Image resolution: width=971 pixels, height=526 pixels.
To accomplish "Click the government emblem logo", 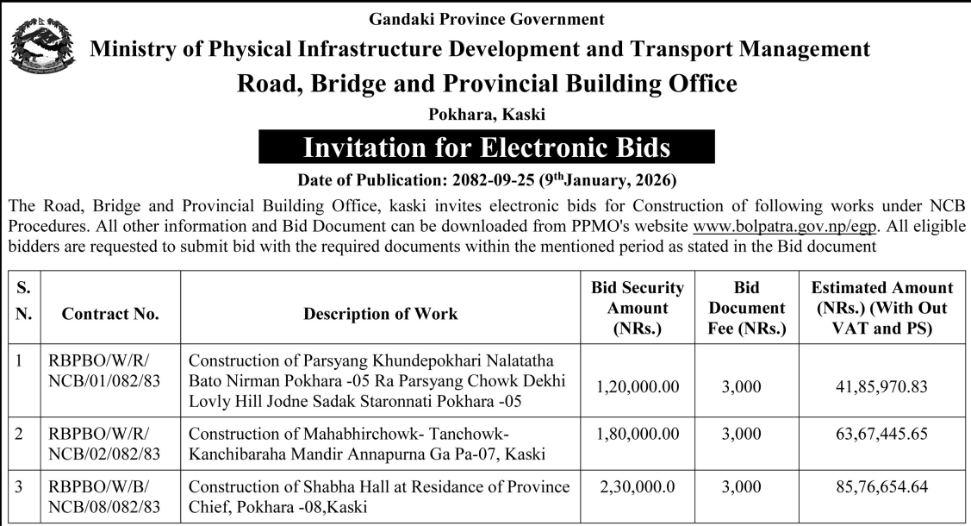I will point(36,47).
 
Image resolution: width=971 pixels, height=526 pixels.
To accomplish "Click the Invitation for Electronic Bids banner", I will point(487,147).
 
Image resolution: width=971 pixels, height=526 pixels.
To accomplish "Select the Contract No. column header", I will point(110,315).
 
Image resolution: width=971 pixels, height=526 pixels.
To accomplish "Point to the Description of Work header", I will point(381,315).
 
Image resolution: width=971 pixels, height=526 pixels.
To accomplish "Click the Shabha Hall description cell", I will point(379,496).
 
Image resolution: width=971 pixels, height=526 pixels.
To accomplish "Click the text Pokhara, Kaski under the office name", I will point(487,114).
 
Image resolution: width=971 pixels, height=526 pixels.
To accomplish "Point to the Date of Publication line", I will point(487,181).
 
